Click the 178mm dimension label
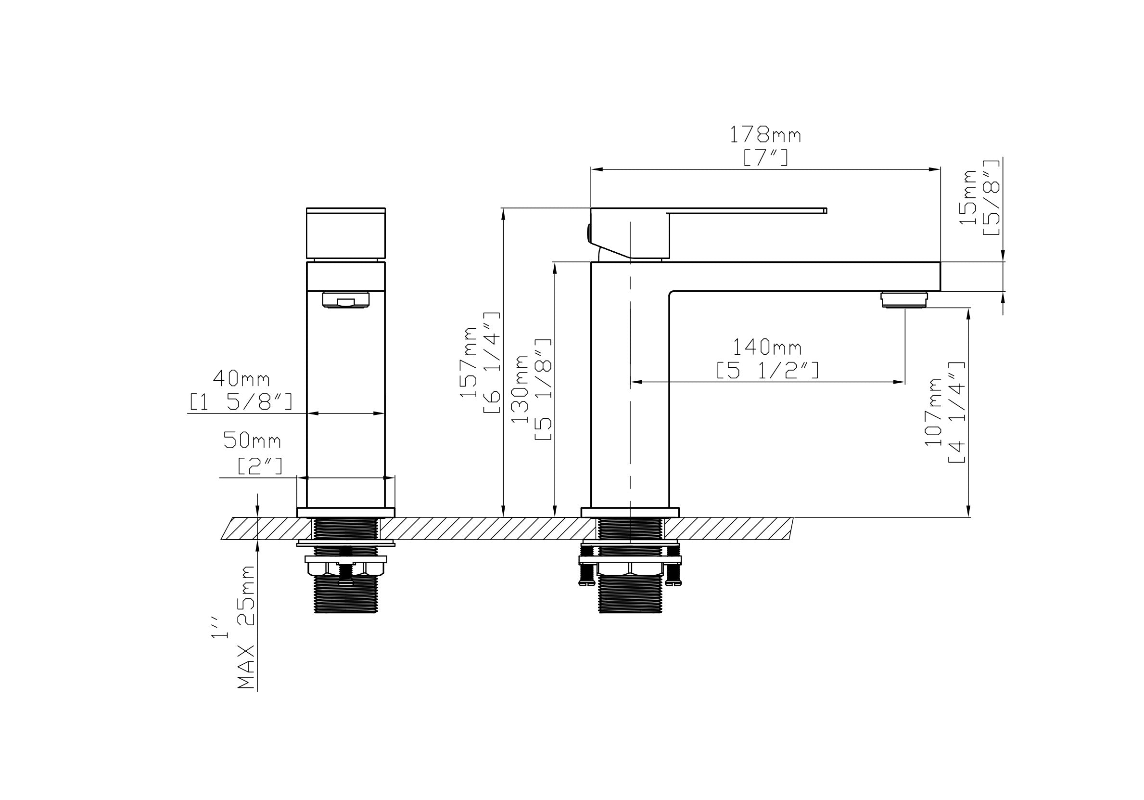point(765,135)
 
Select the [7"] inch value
point(765,158)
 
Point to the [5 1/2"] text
point(767,370)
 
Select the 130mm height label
point(520,389)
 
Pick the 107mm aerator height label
point(933,412)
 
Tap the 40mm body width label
point(241,379)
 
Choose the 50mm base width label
point(252,440)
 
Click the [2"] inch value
point(260,466)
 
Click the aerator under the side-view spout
point(904,299)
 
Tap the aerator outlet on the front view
point(346,299)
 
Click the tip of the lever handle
point(825,210)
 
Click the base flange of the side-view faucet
point(630,513)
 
